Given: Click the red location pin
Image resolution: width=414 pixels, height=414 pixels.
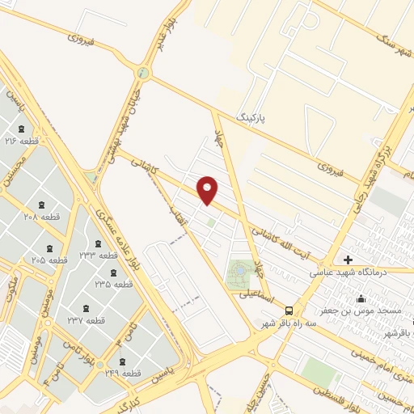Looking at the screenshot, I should [209, 189].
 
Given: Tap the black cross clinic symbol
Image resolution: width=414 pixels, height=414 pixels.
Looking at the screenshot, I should [348, 260].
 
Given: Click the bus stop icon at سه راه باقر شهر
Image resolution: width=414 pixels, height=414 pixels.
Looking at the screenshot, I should [289, 310].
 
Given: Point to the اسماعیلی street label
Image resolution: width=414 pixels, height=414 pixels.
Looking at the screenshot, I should [257, 297].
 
